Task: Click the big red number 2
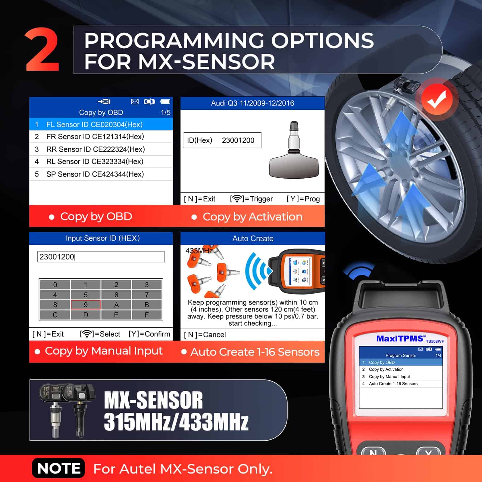(x=42, y=49)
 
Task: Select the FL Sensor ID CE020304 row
(x=101, y=124)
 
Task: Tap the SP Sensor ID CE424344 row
(x=101, y=174)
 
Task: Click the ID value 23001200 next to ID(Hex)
(x=238, y=140)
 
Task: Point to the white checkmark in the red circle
(x=437, y=99)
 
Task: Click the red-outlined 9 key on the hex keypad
(x=86, y=305)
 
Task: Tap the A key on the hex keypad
(x=116, y=305)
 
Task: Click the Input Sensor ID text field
(x=101, y=257)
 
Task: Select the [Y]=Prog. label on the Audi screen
(x=304, y=199)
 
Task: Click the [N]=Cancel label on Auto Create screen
(x=205, y=335)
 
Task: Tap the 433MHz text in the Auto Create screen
(x=199, y=251)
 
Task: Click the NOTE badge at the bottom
(x=58, y=468)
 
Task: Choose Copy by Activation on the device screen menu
(x=386, y=369)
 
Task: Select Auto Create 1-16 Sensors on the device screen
(x=393, y=384)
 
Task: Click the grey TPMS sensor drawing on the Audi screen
(x=294, y=150)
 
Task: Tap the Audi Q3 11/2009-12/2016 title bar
(x=252, y=103)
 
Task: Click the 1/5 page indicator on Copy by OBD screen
(x=165, y=113)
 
